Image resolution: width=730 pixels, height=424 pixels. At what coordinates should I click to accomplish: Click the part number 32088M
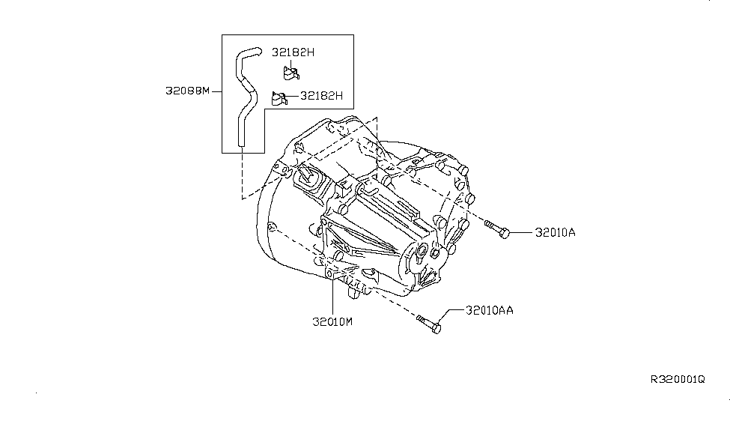(x=187, y=92)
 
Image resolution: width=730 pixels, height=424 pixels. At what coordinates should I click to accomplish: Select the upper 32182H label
(x=292, y=53)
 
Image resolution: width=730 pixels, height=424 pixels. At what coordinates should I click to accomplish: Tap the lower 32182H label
(x=321, y=96)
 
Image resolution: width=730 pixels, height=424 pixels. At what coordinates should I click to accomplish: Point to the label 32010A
(x=555, y=233)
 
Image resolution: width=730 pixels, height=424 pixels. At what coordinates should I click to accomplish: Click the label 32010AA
(x=490, y=309)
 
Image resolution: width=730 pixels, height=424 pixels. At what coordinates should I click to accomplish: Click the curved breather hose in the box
(x=243, y=97)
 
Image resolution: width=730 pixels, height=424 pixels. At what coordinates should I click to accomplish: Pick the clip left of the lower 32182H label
(x=279, y=97)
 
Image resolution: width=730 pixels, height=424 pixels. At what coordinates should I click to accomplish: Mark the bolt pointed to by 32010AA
(x=429, y=324)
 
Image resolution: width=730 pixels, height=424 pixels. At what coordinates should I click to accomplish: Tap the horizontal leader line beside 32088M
(x=216, y=92)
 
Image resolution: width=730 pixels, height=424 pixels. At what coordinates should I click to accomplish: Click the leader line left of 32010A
(x=522, y=233)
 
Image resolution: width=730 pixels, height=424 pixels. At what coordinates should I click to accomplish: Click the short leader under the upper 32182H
(x=291, y=63)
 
